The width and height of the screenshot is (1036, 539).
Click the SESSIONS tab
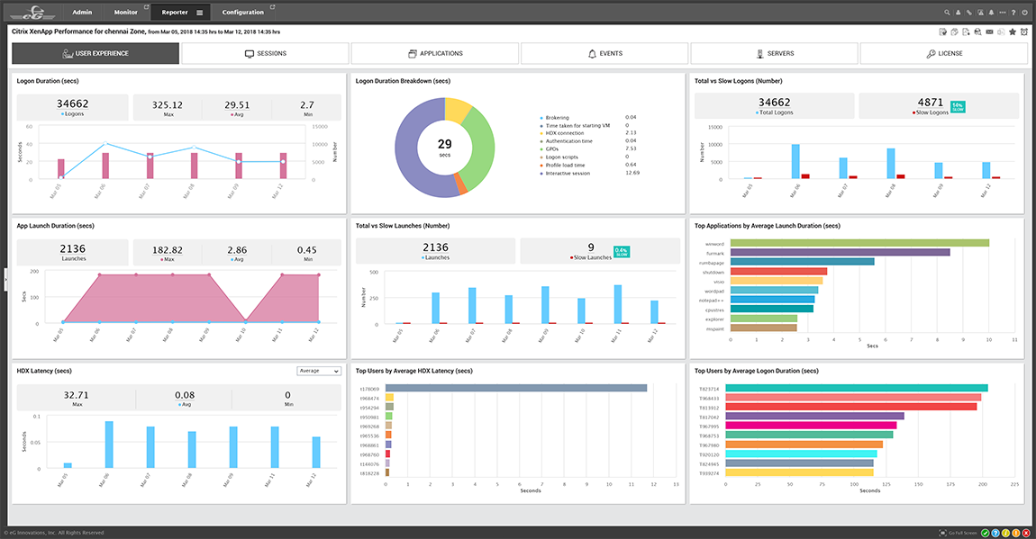click(266, 53)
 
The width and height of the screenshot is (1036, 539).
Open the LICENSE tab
click(944, 53)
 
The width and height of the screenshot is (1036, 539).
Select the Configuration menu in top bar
click(243, 13)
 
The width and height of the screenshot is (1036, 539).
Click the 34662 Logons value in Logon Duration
click(72, 104)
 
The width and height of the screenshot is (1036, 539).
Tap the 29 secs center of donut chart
click(444, 147)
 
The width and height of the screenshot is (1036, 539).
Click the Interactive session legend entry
click(567, 173)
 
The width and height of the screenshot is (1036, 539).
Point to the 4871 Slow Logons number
click(930, 103)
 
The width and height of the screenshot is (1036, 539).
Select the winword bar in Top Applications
click(859, 242)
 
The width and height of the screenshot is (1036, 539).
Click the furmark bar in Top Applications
click(840, 252)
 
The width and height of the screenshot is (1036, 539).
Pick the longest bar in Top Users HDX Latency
click(516, 388)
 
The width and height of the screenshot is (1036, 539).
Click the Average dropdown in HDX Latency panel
click(319, 371)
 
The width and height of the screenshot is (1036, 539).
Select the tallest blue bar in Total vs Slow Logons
click(795, 162)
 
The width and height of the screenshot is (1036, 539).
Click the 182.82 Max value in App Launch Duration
click(168, 248)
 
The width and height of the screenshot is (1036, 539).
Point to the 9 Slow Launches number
click(590, 247)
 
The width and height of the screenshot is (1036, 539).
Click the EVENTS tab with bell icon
click(604, 53)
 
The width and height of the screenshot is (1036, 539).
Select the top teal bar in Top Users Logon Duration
click(856, 388)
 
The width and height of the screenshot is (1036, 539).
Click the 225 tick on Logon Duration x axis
click(1015, 483)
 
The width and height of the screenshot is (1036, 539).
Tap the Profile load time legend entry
click(566, 165)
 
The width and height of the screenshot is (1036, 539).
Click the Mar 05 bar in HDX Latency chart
click(68, 465)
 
